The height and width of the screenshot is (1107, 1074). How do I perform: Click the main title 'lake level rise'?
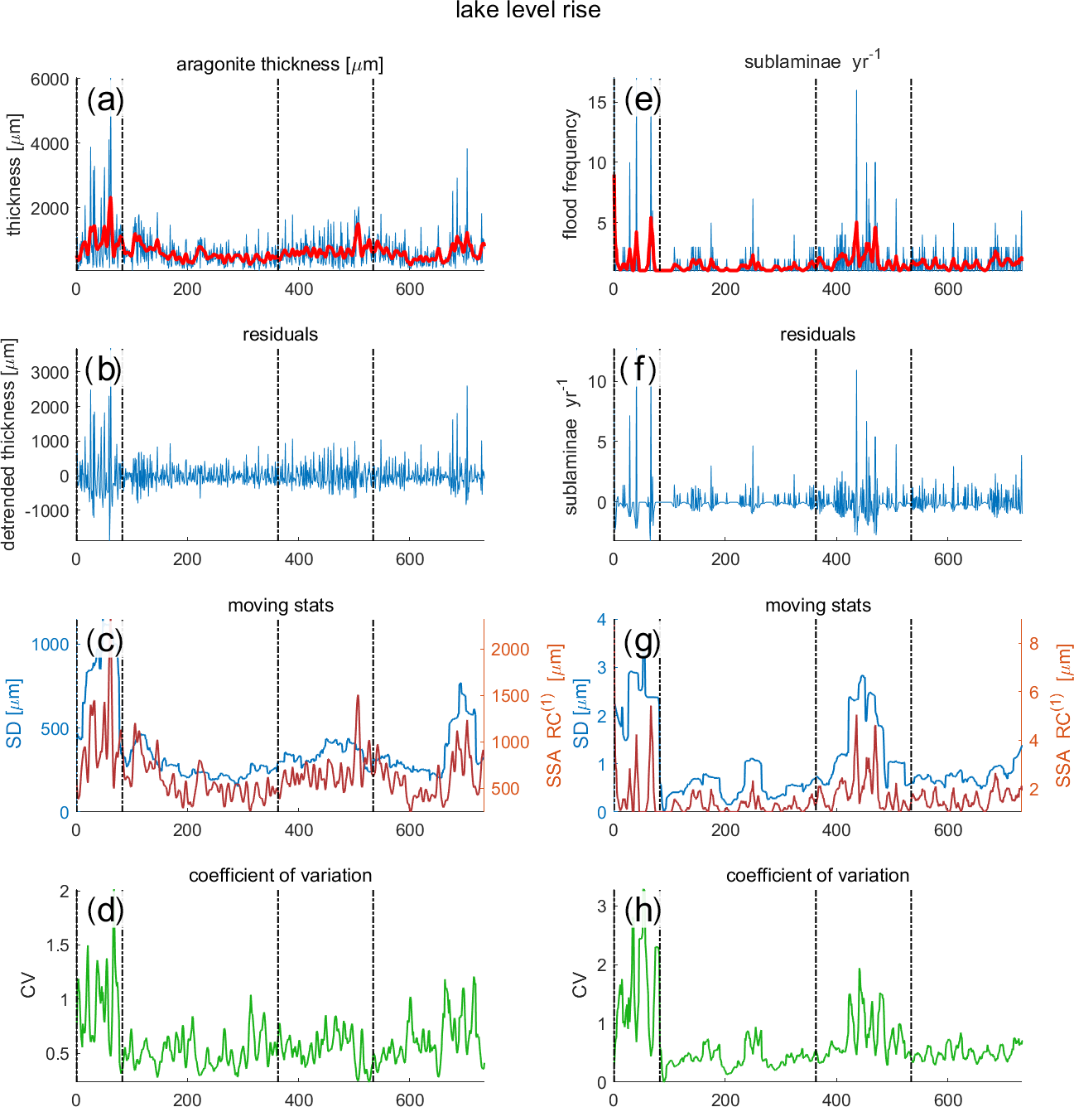(x=527, y=11)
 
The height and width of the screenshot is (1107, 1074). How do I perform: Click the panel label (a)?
(x=105, y=100)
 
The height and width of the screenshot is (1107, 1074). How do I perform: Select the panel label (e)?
(x=643, y=100)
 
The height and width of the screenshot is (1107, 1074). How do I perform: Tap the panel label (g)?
(x=643, y=641)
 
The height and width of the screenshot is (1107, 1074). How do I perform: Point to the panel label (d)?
(x=105, y=911)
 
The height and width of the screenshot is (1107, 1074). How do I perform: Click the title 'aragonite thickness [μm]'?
(x=280, y=65)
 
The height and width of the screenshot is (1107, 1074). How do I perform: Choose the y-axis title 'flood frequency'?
(x=571, y=175)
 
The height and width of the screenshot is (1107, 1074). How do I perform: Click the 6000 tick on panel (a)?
(x=50, y=80)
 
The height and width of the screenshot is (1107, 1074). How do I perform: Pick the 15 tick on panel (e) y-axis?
(x=597, y=102)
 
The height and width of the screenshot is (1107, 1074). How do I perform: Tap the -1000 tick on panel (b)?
(x=46, y=511)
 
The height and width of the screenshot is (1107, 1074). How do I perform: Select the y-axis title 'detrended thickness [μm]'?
(x=9, y=444)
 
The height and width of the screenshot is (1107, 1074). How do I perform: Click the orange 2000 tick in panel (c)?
(x=510, y=650)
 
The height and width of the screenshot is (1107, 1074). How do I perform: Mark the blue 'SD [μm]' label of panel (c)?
(x=14, y=713)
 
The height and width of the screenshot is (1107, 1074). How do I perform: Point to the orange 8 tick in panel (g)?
(x=1033, y=644)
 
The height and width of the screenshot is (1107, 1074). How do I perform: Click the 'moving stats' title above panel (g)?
(x=817, y=606)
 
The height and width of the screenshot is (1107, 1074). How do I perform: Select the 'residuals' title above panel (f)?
(x=817, y=335)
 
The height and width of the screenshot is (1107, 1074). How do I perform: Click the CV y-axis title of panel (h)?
(x=580, y=986)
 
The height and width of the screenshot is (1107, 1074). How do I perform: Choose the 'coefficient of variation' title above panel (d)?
(x=280, y=876)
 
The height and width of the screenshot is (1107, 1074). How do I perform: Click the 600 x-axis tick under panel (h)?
(x=948, y=1100)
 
